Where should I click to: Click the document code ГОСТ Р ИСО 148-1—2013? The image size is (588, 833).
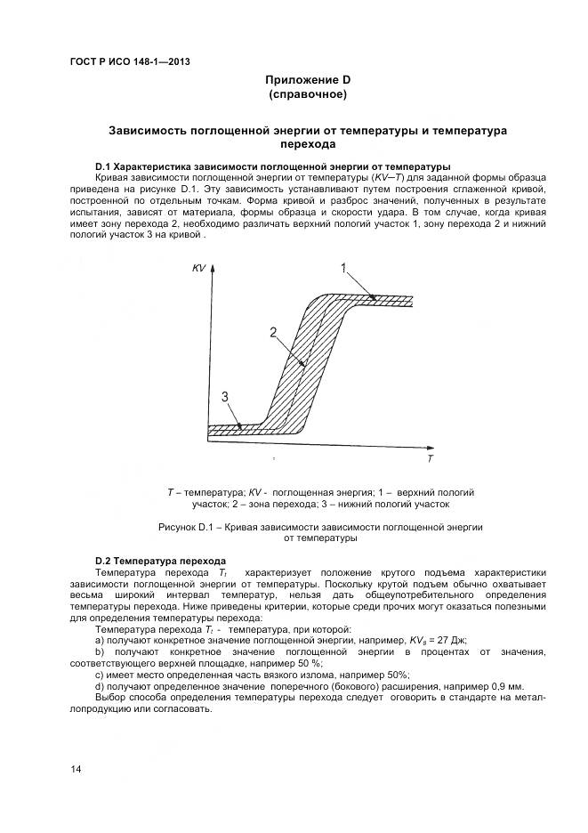pyautogui.click(x=129, y=62)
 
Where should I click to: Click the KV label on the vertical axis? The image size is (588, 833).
pyautogui.click(x=198, y=268)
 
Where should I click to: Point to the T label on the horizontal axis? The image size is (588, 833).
pyautogui.click(x=430, y=459)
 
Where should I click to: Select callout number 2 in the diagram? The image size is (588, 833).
pyautogui.click(x=275, y=332)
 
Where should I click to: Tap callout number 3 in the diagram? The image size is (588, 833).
pyautogui.click(x=226, y=396)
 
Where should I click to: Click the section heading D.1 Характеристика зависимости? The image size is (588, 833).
pyautogui.click(x=272, y=167)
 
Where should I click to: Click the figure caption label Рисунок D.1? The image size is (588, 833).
pyautogui.click(x=188, y=527)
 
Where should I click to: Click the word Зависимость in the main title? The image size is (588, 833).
pyautogui.click(x=147, y=130)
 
